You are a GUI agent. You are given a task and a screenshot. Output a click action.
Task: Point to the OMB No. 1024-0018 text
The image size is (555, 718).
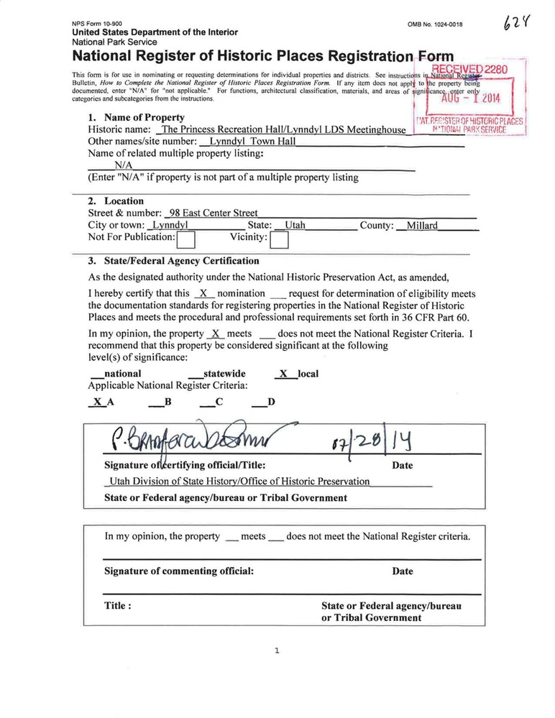coord(435,24)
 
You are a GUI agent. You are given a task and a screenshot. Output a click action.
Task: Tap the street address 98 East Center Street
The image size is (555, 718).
coord(213,213)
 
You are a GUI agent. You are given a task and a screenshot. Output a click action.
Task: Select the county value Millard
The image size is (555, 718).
coord(422,226)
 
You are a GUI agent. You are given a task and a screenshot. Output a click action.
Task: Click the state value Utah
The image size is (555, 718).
coord(295,226)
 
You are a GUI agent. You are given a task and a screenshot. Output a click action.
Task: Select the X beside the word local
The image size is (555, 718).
coord(283,374)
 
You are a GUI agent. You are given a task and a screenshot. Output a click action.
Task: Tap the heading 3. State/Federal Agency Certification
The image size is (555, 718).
coord(173,261)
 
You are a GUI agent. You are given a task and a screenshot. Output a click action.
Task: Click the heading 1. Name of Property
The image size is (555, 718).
coord(136,117)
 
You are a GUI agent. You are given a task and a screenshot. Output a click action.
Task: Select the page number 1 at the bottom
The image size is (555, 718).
coord(277,651)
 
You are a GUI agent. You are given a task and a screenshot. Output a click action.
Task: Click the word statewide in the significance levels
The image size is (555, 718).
coord(224,374)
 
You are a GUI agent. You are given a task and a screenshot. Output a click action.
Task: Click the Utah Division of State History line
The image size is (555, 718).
coord(238,482)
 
